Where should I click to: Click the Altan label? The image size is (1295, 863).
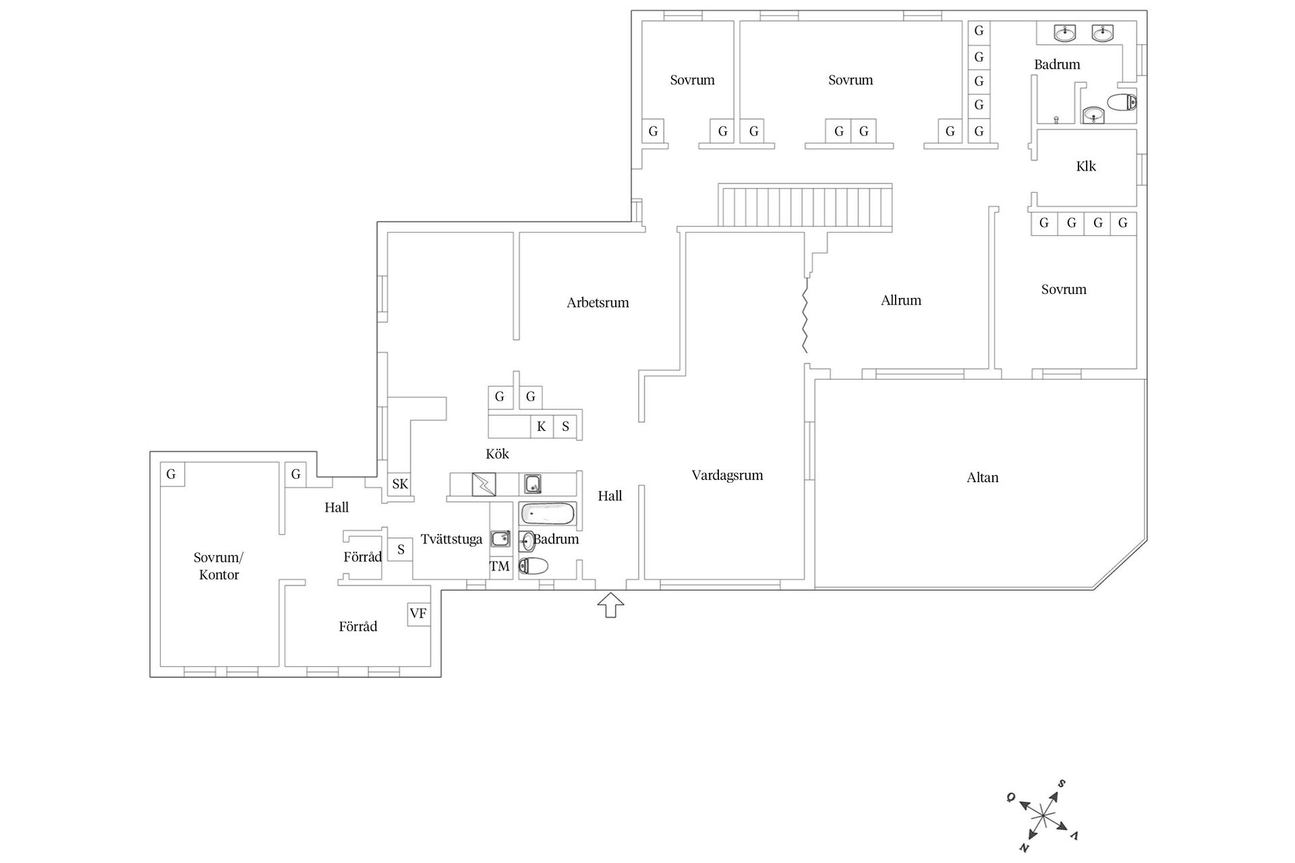point(982,477)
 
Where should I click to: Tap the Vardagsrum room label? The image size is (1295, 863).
point(727,475)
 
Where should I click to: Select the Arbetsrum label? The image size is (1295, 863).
point(598,303)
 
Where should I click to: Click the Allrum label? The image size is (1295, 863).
point(900,301)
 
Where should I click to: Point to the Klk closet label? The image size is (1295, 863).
point(1086,167)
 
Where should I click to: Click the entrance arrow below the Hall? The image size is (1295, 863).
point(610,605)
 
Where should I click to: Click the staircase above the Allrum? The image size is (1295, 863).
point(805,206)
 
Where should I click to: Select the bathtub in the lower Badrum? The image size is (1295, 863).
point(547,514)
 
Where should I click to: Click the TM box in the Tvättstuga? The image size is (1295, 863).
point(500,566)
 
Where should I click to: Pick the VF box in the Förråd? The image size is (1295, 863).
point(418,614)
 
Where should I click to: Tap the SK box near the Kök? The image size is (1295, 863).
point(400,484)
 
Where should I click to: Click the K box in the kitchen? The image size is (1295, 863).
point(541,427)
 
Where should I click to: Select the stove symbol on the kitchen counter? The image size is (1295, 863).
point(484,485)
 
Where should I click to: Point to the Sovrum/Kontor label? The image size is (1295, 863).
point(219,566)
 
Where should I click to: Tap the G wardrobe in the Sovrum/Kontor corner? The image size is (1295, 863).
point(171,474)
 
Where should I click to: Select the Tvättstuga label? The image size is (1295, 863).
point(451,539)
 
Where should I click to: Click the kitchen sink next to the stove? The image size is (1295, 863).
point(533,484)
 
